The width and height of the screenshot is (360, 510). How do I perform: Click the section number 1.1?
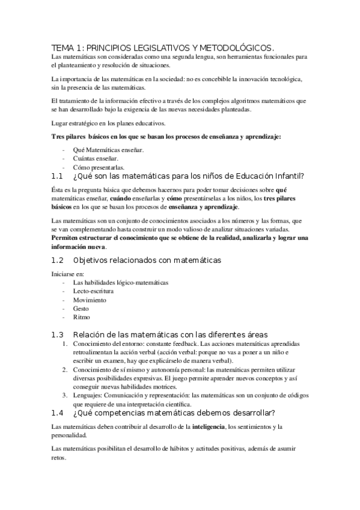point(57,176)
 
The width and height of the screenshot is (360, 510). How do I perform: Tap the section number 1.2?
point(57,260)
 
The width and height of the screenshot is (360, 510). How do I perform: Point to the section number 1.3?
point(57,334)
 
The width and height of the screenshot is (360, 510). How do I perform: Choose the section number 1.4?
point(57,413)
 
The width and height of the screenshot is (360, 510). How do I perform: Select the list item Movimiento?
point(90,300)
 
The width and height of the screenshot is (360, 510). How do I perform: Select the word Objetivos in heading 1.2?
point(93,260)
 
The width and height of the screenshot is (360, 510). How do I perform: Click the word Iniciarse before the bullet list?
point(65,274)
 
